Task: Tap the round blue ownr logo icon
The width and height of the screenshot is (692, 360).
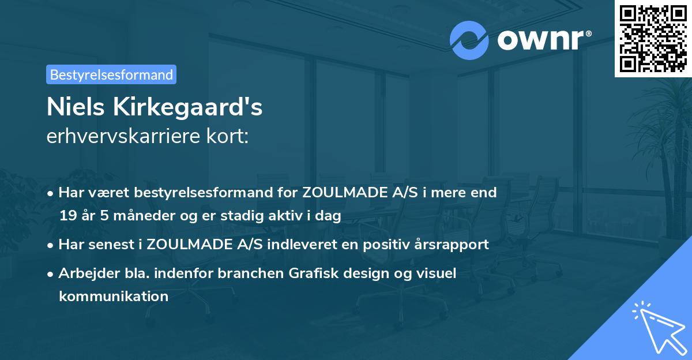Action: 469,40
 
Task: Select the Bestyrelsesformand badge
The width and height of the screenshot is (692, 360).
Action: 111,74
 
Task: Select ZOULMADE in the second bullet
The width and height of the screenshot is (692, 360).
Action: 188,244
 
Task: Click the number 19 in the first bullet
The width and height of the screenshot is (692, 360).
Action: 68,216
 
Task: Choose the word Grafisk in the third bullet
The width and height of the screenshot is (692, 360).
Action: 310,273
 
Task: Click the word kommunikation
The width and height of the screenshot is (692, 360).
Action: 114,297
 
